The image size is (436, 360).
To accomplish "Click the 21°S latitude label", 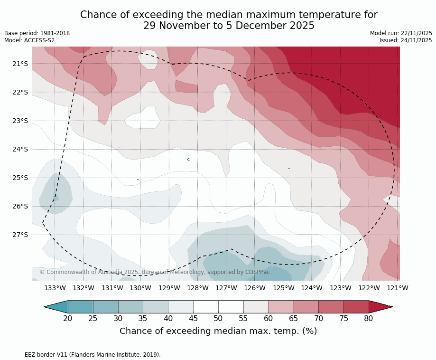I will pos(20,64).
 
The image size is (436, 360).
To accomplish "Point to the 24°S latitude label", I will pos(20,149).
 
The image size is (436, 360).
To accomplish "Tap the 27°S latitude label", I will pos(20,235).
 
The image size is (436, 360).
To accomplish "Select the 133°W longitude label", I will pos(55,288).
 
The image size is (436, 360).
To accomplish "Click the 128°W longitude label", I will pos(198,288).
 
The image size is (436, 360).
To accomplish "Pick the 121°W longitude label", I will pos(398,288).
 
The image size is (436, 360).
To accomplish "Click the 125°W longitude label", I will pos(283,288).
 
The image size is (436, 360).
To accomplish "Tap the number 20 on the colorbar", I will pos(68,318).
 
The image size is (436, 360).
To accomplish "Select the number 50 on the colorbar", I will pos(218,318).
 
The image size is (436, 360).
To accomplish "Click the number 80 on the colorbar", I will pos(369,318).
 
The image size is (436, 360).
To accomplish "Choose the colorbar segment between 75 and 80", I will pos(356,307).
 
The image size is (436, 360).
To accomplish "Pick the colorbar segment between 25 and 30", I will pos(105,307).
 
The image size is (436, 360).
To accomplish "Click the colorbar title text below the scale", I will pos(218,331).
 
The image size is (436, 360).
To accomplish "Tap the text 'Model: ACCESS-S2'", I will pos(29,40).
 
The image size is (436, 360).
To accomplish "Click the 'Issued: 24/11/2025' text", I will pos(406,40).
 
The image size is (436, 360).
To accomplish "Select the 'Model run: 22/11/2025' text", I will pos(401,33).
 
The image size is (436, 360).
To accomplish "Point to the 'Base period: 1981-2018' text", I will pos(37,33).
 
